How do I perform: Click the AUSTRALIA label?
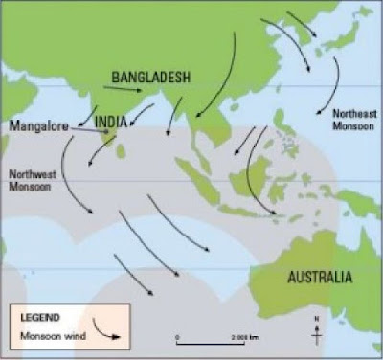319,277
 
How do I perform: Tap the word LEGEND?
43,317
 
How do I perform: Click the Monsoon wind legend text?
56,336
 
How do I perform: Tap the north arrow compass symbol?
316,331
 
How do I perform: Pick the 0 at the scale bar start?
179,331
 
